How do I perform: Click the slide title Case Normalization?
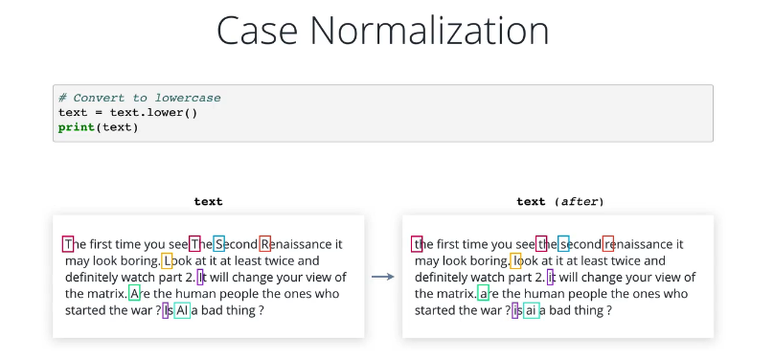pos(382,31)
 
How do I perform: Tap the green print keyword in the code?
pos(77,127)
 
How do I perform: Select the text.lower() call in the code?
pos(153,112)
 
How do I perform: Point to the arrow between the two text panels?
pos(382,277)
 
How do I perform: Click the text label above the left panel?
pos(208,201)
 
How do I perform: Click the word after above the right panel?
pos(579,201)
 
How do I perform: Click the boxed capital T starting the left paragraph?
pos(68,243)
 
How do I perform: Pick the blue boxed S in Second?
pos(218,243)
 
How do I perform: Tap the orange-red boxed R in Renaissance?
pos(265,243)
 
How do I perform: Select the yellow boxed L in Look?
pos(167,260)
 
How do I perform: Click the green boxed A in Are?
pos(134,293)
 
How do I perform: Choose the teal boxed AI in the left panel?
pos(182,310)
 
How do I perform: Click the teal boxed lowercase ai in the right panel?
pos(531,310)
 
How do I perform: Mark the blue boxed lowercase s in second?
pos(563,243)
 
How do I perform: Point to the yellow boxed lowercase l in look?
pos(515,260)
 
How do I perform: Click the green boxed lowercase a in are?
pos(483,293)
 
